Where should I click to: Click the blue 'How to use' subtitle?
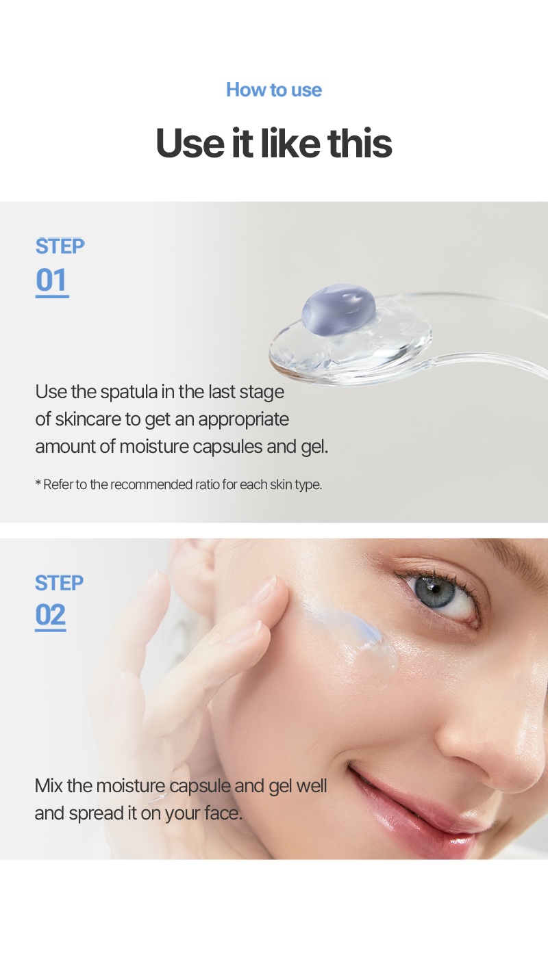tap(274, 90)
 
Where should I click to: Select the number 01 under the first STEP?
tap(51, 280)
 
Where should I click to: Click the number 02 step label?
tap(51, 614)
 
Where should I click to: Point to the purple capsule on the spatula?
tap(339, 309)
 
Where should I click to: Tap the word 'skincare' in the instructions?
tap(88, 419)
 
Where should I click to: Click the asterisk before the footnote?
tap(38, 482)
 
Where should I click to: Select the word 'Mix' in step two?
tap(49, 786)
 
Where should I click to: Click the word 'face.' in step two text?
tap(223, 813)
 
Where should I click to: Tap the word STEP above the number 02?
tap(60, 583)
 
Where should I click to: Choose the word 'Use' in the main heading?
tap(190, 143)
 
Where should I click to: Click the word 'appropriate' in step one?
tap(244, 420)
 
